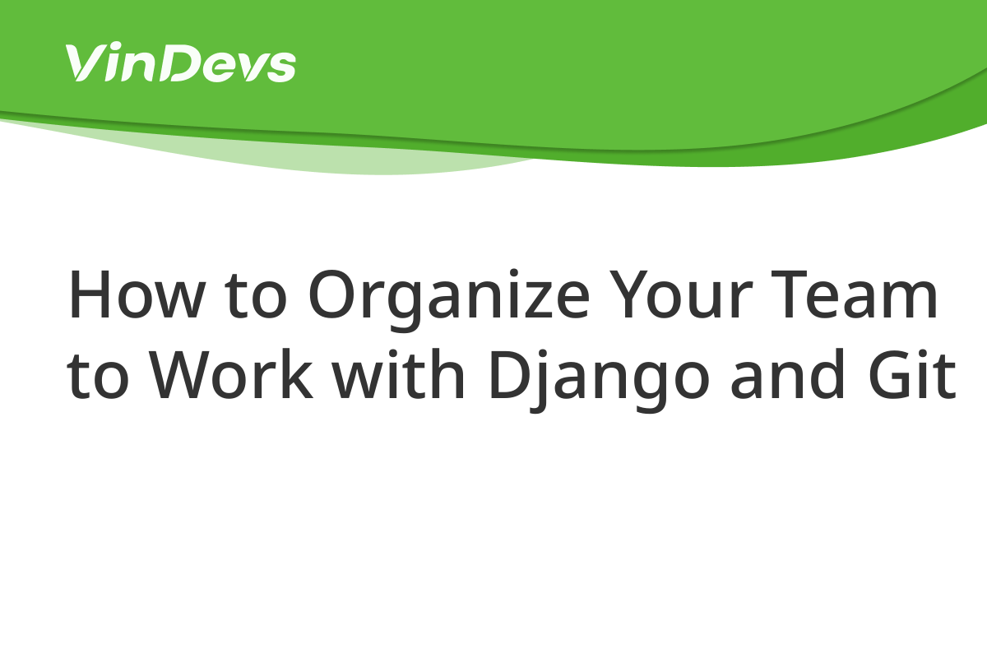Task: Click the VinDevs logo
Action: point(181,62)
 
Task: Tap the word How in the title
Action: point(137,294)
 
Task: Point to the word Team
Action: point(854,294)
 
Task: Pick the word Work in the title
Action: point(231,374)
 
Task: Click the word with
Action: point(398,374)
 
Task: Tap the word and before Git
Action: point(787,374)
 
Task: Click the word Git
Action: point(912,374)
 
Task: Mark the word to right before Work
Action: point(98,378)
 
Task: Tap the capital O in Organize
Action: point(333,293)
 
